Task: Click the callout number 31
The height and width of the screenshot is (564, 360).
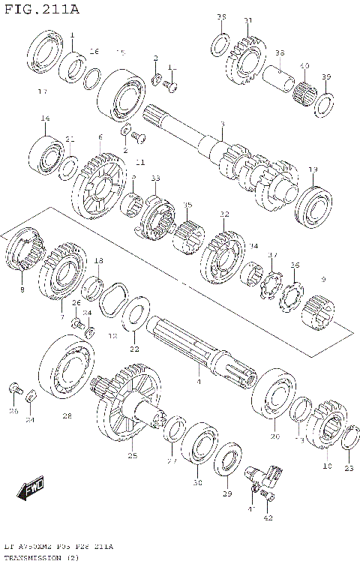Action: tap(248, 20)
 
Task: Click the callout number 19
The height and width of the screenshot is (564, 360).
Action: tap(313, 169)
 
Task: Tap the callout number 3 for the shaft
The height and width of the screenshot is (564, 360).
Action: tap(222, 124)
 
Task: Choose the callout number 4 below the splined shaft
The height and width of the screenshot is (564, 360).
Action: tap(199, 382)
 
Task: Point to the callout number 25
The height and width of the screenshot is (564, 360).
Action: tap(133, 455)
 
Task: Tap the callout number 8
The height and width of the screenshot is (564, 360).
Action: tap(22, 289)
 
